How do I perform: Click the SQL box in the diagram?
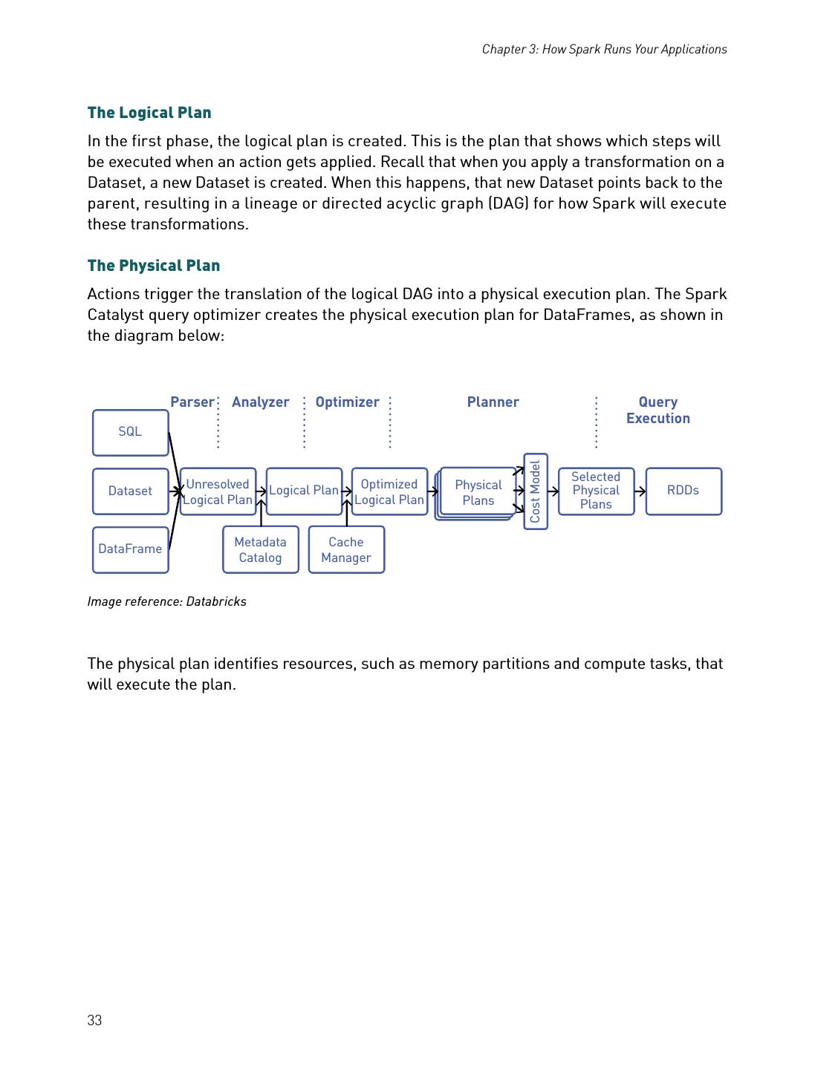(x=130, y=432)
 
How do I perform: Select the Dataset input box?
(x=130, y=491)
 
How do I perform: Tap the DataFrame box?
(x=130, y=549)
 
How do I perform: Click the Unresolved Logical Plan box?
(x=218, y=491)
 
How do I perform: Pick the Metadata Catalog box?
(x=260, y=549)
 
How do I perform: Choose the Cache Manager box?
(x=346, y=549)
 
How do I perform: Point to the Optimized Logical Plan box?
(x=389, y=491)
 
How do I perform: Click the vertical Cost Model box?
(x=536, y=491)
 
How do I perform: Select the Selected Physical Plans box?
(x=596, y=491)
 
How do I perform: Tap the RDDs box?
(x=683, y=491)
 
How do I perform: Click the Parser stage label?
(x=192, y=402)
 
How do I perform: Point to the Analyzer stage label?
(x=260, y=402)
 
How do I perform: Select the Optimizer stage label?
(x=347, y=402)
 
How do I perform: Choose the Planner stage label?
(x=493, y=402)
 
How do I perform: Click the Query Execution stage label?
(x=657, y=410)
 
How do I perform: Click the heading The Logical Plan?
(x=149, y=113)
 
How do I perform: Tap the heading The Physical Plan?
(x=154, y=266)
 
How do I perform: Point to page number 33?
(x=94, y=1021)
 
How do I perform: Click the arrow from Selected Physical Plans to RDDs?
(x=640, y=491)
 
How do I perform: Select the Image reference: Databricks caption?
(x=166, y=601)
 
